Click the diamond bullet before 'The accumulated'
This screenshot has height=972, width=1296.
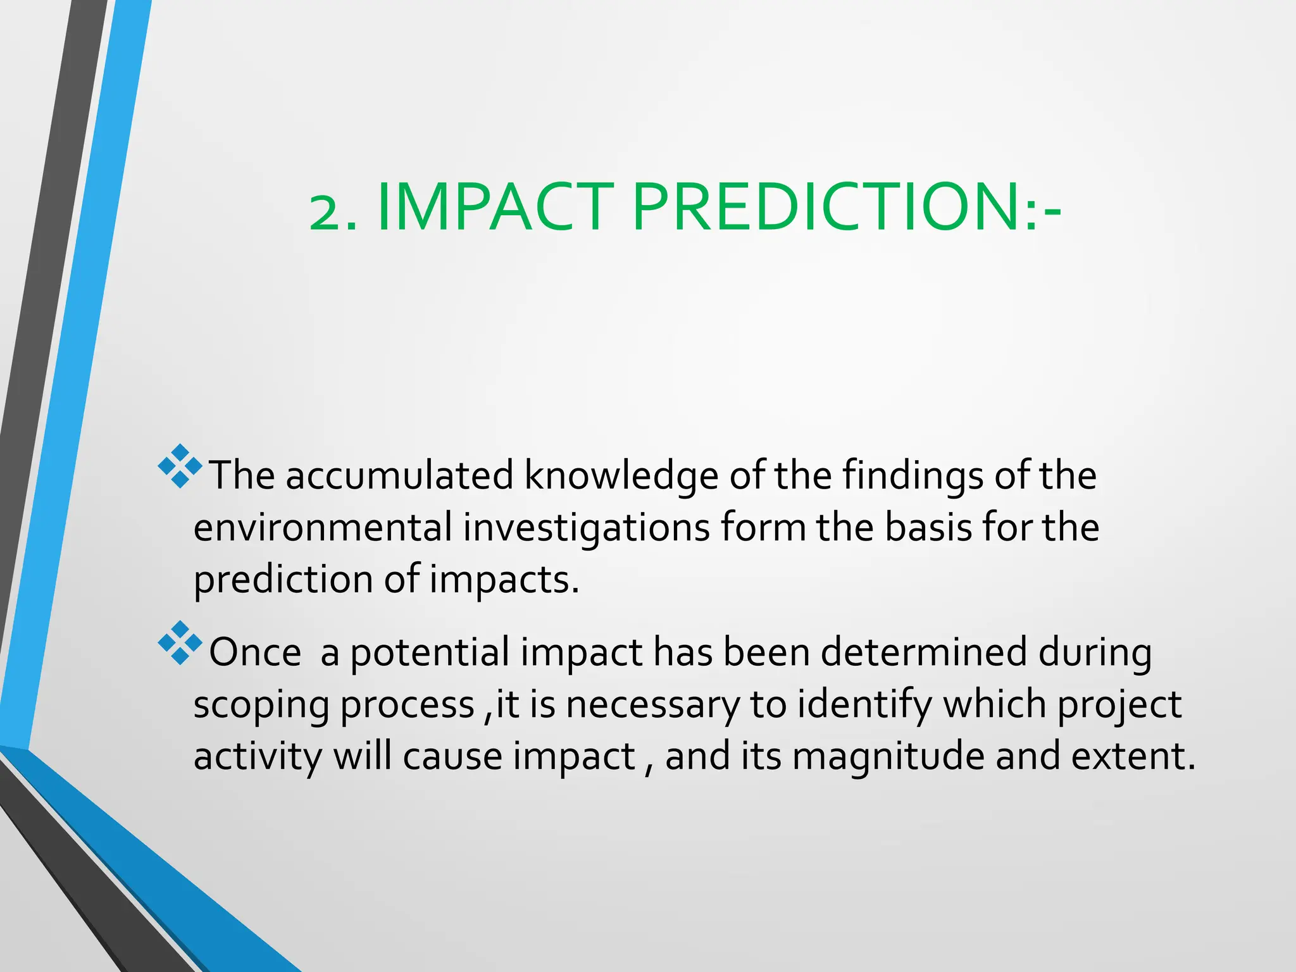pyautogui.click(x=180, y=466)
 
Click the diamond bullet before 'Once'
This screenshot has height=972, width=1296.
pyautogui.click(x=180, y=643)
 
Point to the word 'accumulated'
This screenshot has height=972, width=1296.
pyautogui.click(x=399, y=475)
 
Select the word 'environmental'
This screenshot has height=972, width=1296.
pyautogui.click(x=323, y=527)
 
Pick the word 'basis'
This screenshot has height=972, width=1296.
pyautogui.click(x=927, y=527)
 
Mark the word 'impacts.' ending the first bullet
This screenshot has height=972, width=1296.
pyautogui.click(x=504, y=580)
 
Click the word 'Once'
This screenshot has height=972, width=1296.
pyautogui.click(x=255, y=652)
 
